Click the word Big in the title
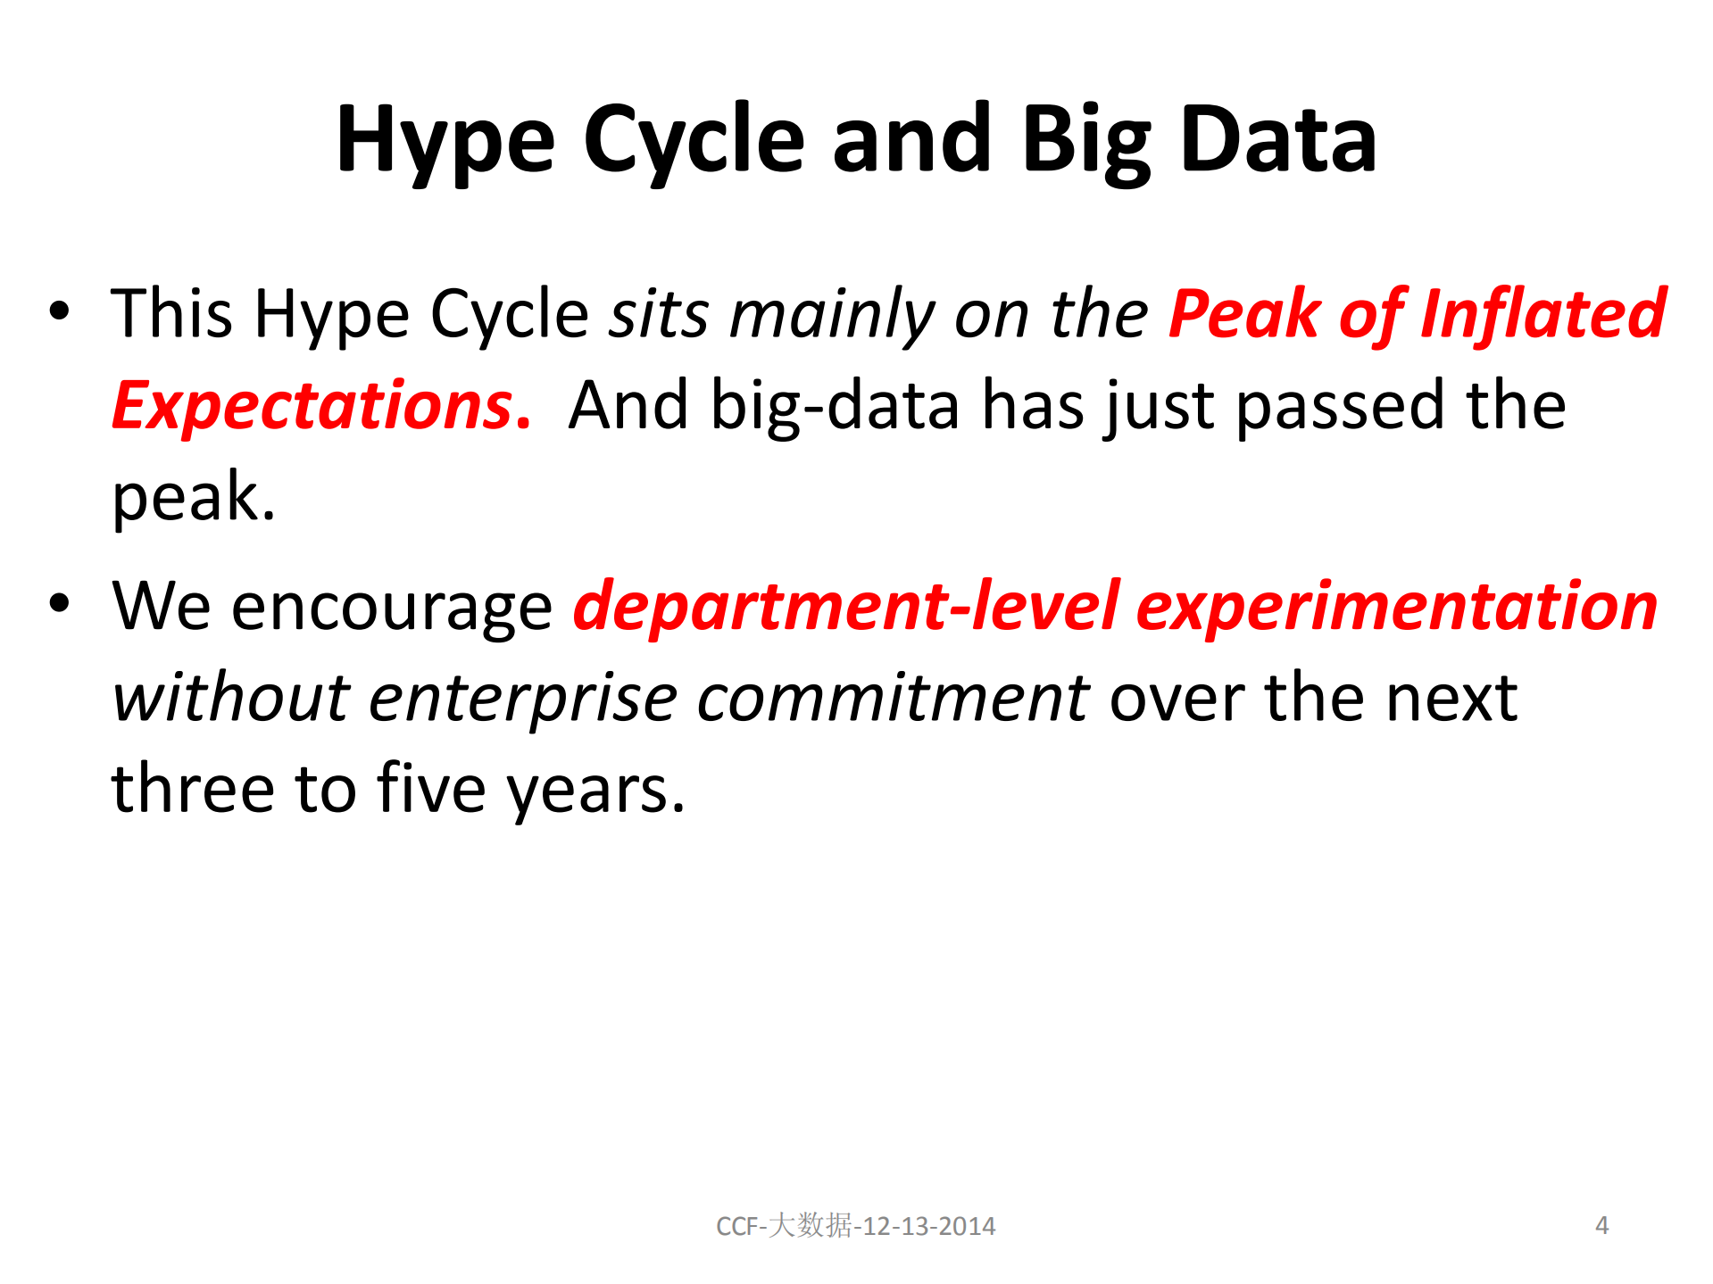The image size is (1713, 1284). click(x=1086, y=144)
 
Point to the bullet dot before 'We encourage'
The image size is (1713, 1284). click(x=59, y=603)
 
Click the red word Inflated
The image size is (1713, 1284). click(x=1543, y=313)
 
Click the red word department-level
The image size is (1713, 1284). click(x=846, y=606)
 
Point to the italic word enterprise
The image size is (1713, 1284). click(x=523, y=700)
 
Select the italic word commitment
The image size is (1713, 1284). click(x=893, y=698)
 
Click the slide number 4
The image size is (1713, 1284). click(x=1602, y=1225)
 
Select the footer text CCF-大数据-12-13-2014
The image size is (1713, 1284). click(x=856, y=1225)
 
